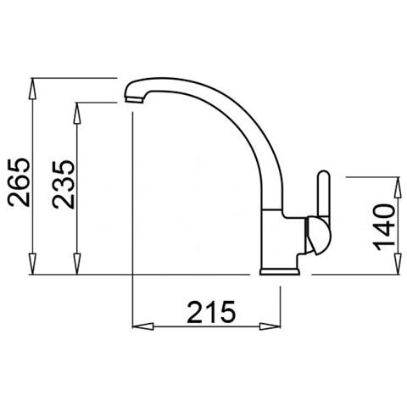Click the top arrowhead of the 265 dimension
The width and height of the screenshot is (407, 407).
tap(32, 86)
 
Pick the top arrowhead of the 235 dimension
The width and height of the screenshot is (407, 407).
tap(78, 109)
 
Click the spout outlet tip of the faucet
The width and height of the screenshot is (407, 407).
tap(132, 100)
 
